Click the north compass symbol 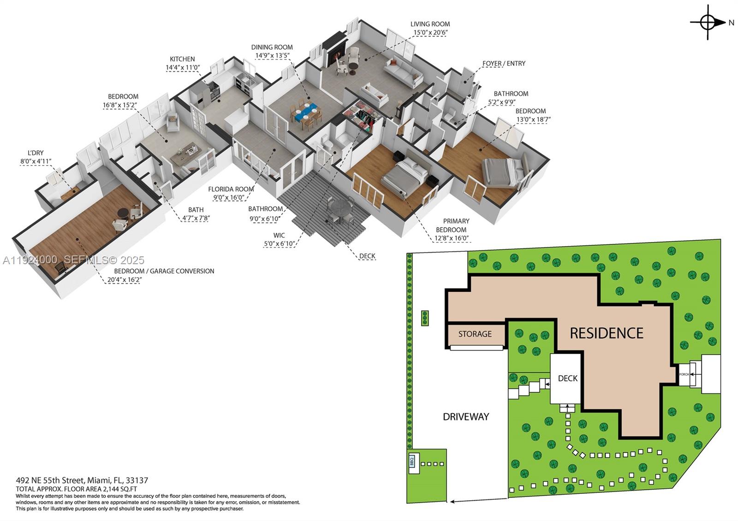[x=708, y=22]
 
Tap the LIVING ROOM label [x=430, y=24]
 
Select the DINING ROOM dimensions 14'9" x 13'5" [x=272, y=56]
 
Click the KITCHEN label [x=182, y=59]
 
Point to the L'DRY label [x=36, y=153]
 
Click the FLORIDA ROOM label [x=231, y=189]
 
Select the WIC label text [x=279, y=235]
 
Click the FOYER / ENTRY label [x=504, y=64]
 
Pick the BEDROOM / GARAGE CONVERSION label [x=164, y=271]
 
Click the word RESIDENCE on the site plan [x=606, y=333]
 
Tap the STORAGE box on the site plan [x=475, y=334]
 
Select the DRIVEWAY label [x=465, y=417]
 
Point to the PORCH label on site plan [x=684, y=374]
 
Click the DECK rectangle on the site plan [x=567, y=379]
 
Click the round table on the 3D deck [x=340, y=207]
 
